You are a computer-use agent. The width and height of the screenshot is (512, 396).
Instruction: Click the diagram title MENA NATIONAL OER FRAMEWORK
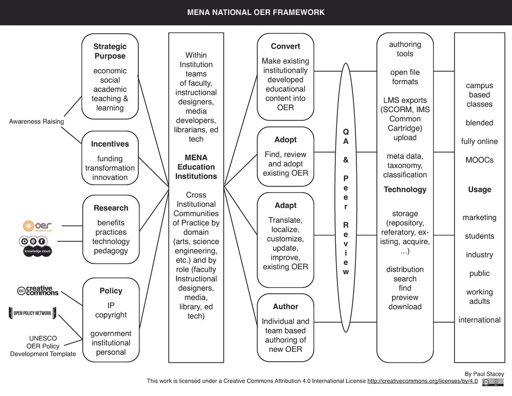coord(255,12)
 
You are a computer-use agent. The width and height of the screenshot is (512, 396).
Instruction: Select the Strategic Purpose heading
coord(110,51)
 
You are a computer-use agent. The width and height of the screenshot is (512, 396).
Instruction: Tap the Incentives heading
coord(110,144)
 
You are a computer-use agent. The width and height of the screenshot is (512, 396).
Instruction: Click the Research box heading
coord(111,208)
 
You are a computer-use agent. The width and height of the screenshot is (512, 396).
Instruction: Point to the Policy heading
coord(111,291)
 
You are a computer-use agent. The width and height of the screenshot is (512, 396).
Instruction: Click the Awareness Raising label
coord(36,121)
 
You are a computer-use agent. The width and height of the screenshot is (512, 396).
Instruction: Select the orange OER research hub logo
coord(37,225)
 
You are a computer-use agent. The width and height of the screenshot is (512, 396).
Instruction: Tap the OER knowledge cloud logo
coord(35,245)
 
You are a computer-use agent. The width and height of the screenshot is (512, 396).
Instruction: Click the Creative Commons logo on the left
coord(38,290)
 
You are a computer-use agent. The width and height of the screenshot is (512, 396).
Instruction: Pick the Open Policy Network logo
coord(32,312)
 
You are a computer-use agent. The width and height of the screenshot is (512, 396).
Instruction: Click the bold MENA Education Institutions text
coord(197,167)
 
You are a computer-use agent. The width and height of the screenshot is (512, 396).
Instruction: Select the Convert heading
coord(285,47)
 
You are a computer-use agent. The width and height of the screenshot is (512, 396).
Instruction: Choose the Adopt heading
coord(285,140)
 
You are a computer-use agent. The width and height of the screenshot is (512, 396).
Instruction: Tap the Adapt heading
coord(285,205)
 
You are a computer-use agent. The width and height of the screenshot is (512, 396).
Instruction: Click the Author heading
coord(285,306)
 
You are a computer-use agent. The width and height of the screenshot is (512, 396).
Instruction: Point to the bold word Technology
coord(405,190)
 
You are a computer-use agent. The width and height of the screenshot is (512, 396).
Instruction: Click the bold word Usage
coord(479,190)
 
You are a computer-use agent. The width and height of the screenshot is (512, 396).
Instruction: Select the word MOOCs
coord(479,160)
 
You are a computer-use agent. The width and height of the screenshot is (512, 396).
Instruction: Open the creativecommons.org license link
coord(422,381)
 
